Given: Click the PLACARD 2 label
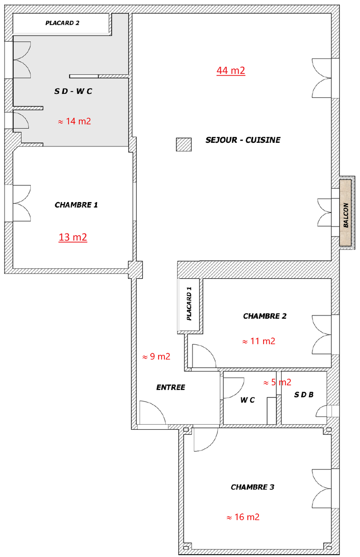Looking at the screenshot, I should [x=62, y=23].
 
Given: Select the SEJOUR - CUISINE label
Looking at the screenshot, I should [x=243, y=140].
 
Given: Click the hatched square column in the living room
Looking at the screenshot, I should [x=183, y=145].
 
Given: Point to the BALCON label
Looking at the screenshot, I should [x=346, y=214].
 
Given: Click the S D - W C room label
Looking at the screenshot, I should [x=73, y=91].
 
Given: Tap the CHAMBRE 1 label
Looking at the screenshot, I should [x=76, y=205].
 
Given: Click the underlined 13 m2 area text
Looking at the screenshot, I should [x=73, y=237].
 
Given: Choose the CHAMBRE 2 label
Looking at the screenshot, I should [x=264, y=316].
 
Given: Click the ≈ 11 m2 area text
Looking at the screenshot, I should [x=259, y=341].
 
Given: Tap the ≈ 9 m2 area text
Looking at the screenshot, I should [x=156, y=357].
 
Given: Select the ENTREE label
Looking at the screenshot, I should [x=170, y=387].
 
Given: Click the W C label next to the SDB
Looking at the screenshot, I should [x=247, y=400].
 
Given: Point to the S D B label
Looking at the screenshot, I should [x=303, y=395].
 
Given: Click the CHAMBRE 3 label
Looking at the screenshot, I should [x=252, y=487].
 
